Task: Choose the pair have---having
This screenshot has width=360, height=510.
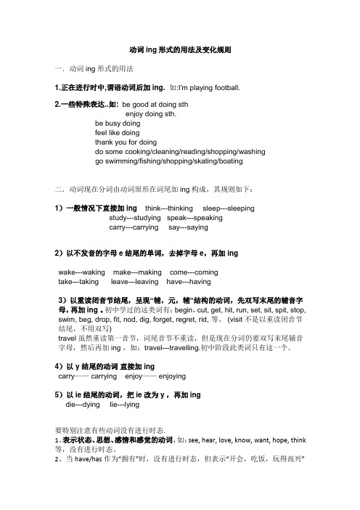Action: [189, 281]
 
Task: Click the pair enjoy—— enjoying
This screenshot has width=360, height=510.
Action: [157, 376]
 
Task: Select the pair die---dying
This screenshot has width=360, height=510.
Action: [83, 405]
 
